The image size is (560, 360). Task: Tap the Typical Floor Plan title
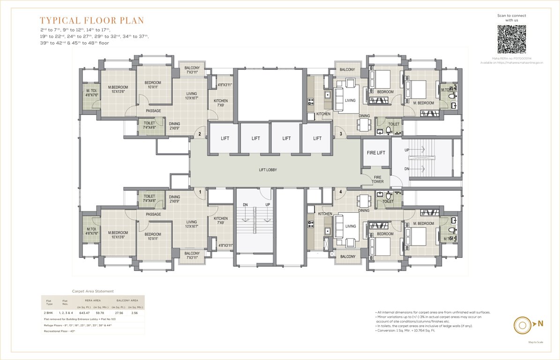(92, 21)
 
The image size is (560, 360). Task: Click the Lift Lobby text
(268, 170)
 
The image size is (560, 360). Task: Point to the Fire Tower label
(378, 179)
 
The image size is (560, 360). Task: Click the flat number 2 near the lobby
(200, 135)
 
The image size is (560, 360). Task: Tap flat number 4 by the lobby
(340, 191)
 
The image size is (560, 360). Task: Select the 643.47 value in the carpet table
(84, 312)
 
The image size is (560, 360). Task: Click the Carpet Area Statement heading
(92, 291)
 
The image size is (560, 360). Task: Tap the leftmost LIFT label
(224, 138)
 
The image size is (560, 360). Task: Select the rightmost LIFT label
(317, 138)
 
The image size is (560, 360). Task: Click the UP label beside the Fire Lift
(407, 150)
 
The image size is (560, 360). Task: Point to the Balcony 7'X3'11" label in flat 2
(192, 70)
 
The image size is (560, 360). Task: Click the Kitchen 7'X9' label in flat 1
(221, 220)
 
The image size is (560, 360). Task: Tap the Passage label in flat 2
(153, 111)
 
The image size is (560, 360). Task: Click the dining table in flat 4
(364, 201)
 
